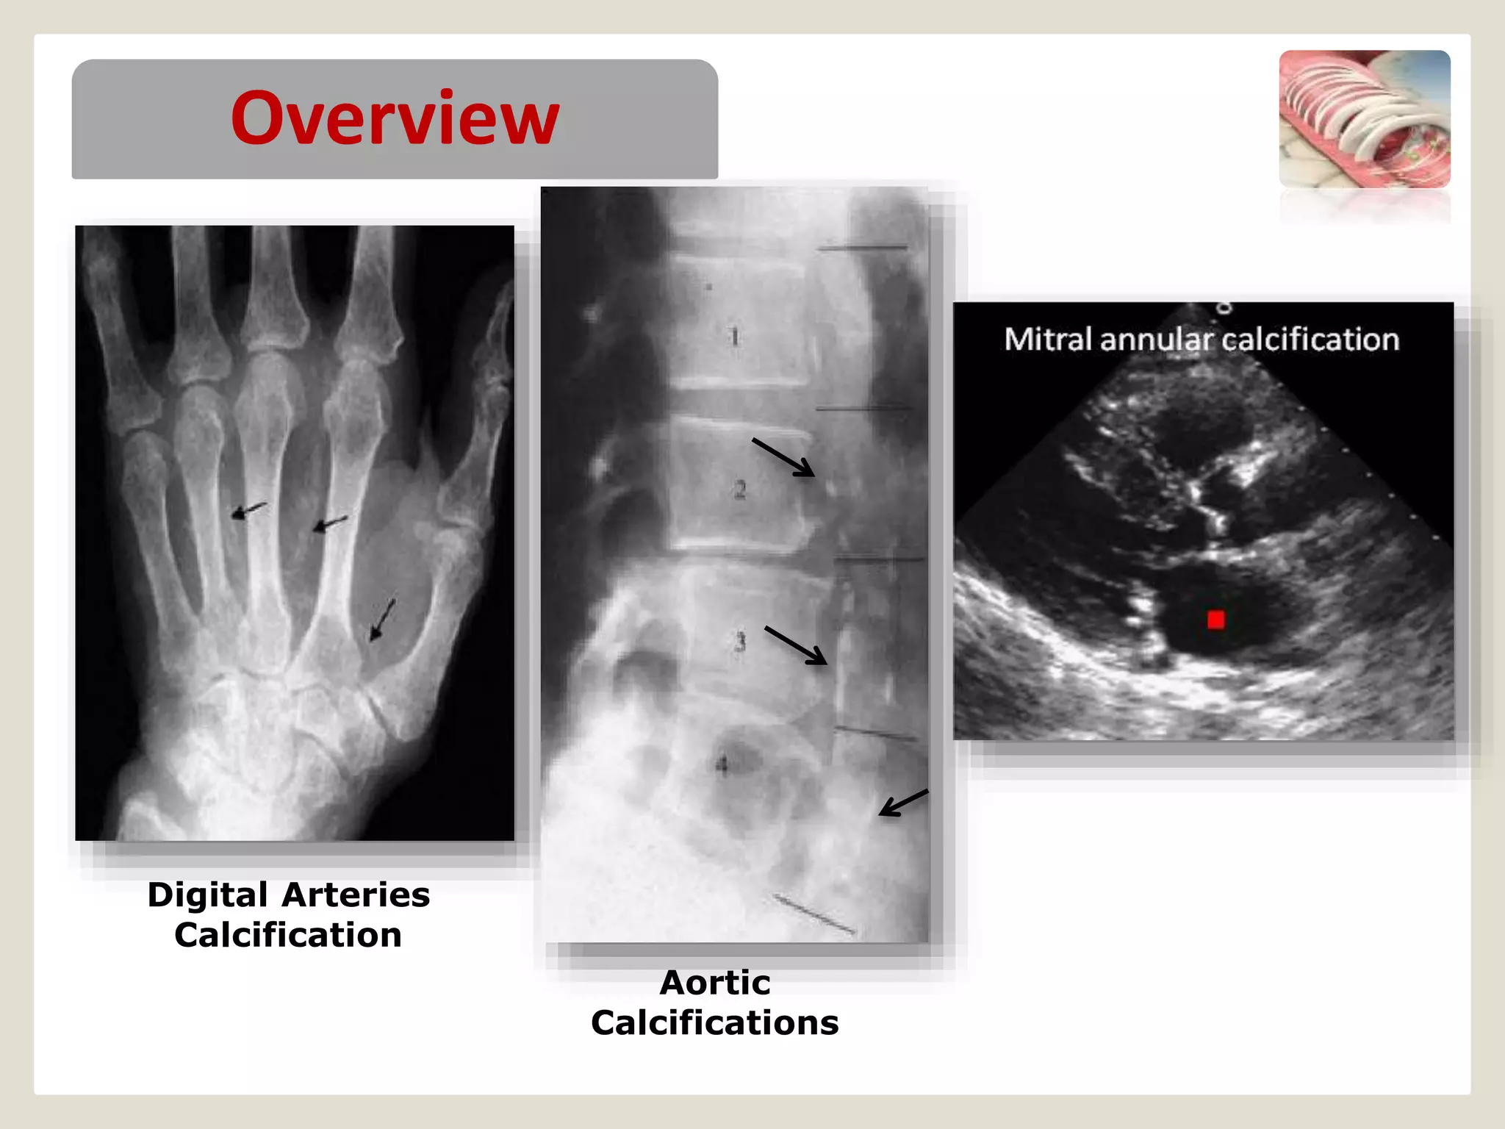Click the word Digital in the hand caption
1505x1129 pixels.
tap(207, 895)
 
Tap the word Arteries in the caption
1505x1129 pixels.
tap(356, 895)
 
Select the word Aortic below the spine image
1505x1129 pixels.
tap(715, 983)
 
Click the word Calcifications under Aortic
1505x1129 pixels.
tap(715, 1023)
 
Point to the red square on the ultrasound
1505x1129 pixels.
tap(1216, 620)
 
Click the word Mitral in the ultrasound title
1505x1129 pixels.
tap(1048, 340)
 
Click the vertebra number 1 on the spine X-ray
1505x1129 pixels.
tap(734, 337)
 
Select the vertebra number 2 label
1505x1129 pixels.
tap(739, 490)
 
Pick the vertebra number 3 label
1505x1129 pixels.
tap(740, 642)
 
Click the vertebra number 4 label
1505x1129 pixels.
tap(722, 765)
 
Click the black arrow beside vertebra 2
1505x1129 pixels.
tap(783, 458)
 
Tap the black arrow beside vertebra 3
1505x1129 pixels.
tap(796, 645)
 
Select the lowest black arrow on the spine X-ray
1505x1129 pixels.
tap(903, 803)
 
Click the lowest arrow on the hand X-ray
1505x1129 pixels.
tap(382, 620)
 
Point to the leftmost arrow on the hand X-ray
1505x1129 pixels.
tap(248, 510)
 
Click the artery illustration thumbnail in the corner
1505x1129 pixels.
tap(1365, 119)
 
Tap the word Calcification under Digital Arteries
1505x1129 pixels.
tap(288, 936)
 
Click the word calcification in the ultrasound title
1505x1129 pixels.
tap(1310, 340)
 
